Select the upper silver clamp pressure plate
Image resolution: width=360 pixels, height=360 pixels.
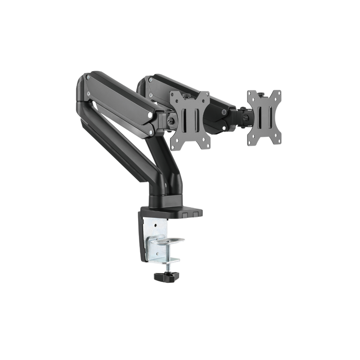coord(170,241)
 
